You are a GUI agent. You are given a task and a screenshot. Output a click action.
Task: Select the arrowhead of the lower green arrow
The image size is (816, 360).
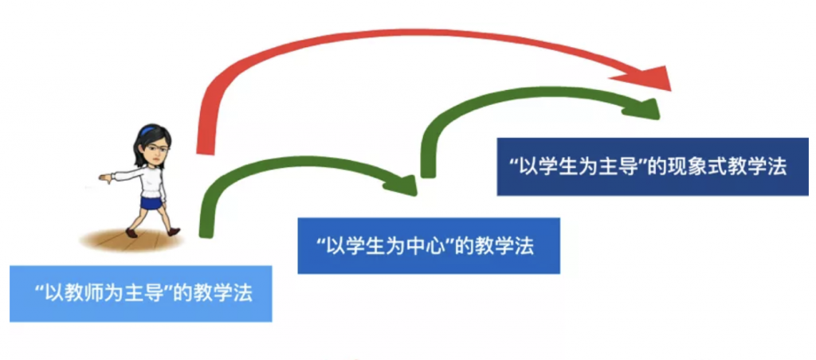click(x=404, y=185)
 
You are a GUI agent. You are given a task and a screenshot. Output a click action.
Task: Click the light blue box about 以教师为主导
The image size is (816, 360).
click(x=141, y=294)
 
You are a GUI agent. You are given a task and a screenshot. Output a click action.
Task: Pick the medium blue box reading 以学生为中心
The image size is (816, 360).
click(x=429, y=245)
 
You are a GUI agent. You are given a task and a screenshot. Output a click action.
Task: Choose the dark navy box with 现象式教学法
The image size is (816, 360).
click(x=653, y=166)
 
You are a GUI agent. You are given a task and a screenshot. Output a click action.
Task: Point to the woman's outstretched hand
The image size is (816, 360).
click(x=106, y=178)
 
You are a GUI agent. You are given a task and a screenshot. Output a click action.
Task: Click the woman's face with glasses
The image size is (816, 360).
click(x=156, y=151)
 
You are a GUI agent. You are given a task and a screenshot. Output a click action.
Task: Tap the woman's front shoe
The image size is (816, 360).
click(x=131, y=233)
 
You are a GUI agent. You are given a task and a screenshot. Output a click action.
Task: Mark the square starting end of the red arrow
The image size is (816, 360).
click(x=205, y=149)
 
